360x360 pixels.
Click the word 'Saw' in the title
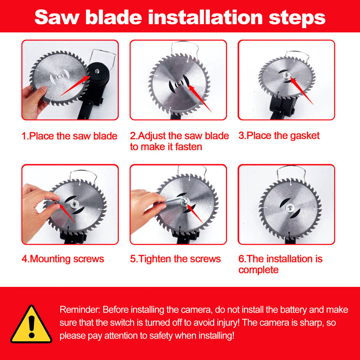[x=57, y=17]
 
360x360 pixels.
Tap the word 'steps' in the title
[x=297, y=18]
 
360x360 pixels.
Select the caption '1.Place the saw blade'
[x=69, y=136]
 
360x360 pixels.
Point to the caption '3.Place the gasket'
[x=279, y=136]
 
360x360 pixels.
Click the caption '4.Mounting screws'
[x=63, y=259]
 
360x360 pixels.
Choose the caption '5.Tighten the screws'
[x=175, y=259]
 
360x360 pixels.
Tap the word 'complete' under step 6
[x=258, y=270]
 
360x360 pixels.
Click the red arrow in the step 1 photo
[x=75, y=86]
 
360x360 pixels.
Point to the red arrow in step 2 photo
[x=200, y=98]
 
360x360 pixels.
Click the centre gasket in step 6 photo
[x=290, y=208]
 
